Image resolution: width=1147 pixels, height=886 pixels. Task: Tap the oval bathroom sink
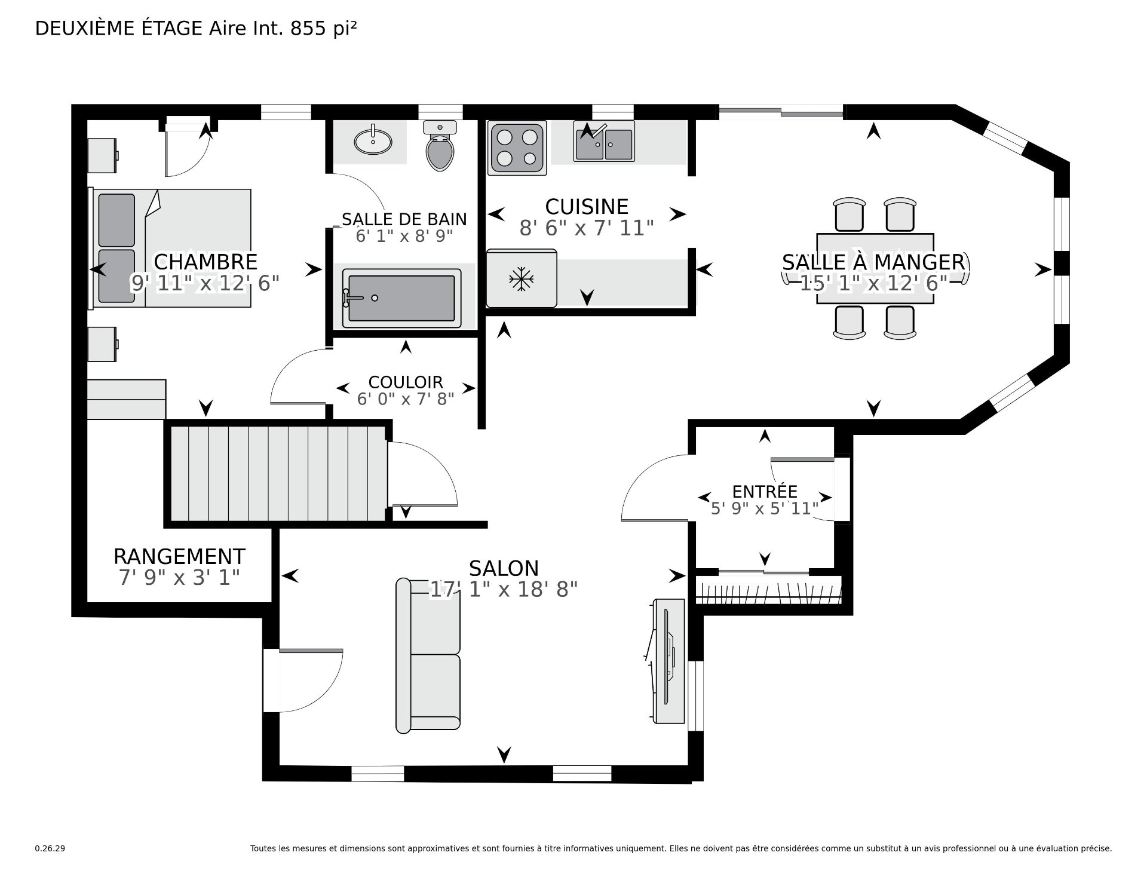(373, 141)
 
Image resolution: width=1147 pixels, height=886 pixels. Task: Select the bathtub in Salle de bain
(401, 298)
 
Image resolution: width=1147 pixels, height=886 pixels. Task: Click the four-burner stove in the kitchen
(517, 148)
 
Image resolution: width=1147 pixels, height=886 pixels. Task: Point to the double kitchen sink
(604, 142)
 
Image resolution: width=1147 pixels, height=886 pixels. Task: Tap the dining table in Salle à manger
(875, 268)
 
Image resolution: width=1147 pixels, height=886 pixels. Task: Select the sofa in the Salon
(428, 655)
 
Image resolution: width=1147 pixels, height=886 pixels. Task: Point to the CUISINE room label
(587, 207)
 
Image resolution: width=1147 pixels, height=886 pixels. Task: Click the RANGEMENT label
(179, 556)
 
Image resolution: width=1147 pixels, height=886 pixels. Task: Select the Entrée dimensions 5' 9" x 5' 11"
(765, 508)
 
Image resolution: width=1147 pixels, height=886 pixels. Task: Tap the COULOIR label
(406, 382)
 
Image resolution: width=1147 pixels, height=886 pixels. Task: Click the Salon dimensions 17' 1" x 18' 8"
(504, 590)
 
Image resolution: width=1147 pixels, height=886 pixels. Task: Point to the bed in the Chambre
(171, 249)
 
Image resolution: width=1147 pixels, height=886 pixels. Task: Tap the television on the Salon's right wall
(667, 661)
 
